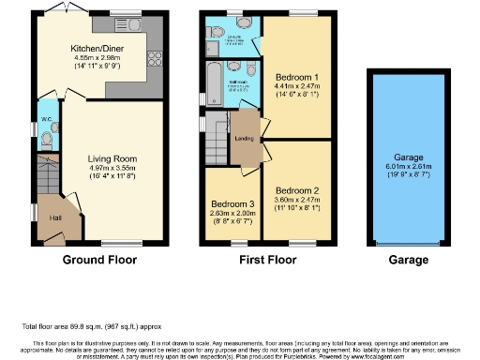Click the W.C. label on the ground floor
46,119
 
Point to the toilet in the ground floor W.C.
47,140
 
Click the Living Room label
112,159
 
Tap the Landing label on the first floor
244,140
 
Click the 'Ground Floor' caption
99,260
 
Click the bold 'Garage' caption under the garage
408,260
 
